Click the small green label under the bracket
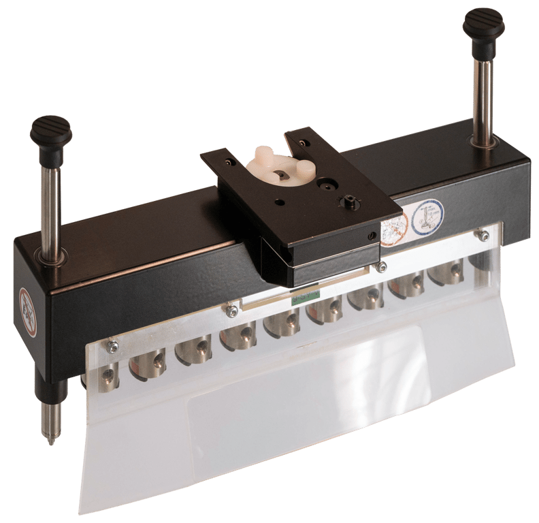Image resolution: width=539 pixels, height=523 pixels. pos(306,297)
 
